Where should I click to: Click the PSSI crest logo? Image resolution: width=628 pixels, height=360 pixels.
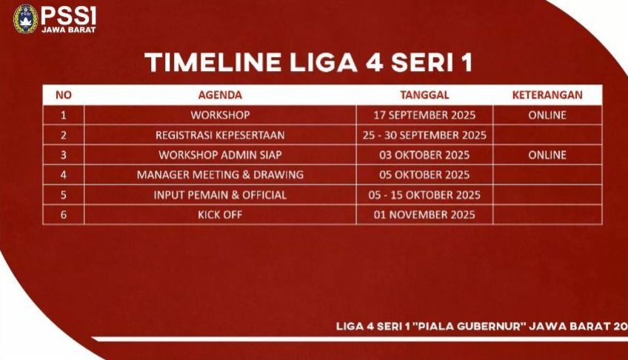(26, 19)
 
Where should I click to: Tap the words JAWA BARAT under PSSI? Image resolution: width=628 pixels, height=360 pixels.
(69, 30)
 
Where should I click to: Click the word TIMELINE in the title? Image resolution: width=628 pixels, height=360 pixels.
(213, 62)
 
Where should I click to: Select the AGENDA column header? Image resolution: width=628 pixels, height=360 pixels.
(220, 95)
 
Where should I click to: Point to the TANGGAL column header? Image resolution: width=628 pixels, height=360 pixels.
(424, 95)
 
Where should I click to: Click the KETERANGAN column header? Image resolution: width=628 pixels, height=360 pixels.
(547, 95)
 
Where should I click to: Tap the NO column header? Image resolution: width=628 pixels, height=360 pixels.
(64, 95)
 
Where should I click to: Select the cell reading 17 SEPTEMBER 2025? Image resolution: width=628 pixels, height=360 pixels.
(424, 115)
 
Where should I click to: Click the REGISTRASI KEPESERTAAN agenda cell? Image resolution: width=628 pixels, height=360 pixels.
(220, 135)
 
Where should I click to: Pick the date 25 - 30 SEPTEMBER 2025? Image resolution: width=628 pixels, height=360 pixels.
(424, 135)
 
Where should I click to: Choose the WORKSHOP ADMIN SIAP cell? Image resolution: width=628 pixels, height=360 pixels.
(220, 155)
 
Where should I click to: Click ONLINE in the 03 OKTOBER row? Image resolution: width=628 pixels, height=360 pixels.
(547, 155)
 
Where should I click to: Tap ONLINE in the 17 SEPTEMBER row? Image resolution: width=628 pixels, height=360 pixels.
(547, 115)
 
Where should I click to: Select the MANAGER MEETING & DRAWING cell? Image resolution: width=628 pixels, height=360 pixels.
(220, 175)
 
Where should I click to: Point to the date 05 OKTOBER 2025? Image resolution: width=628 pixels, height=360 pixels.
(424, 175)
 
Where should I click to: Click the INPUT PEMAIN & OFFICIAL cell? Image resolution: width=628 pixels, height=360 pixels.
(220, 195)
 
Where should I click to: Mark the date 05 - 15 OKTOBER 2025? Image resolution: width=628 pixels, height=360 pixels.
(424, 195)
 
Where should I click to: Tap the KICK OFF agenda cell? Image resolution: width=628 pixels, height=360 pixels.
(220, 215)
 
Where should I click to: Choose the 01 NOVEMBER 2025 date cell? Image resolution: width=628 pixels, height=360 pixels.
(424, 215)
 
